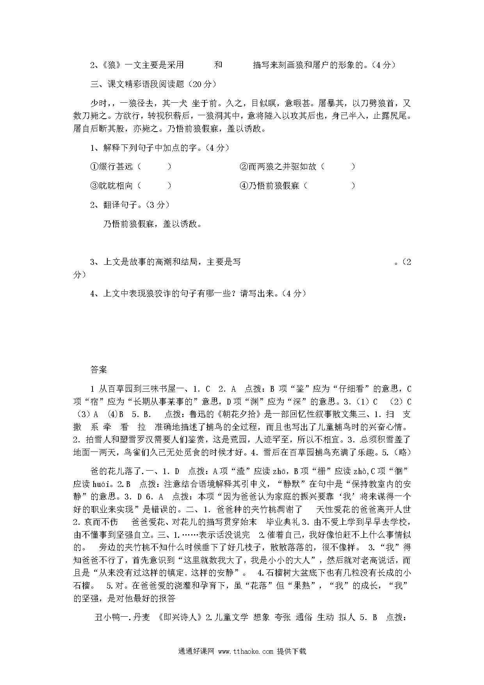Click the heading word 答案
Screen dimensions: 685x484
[98, 369]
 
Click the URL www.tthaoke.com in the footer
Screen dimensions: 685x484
[246, 651]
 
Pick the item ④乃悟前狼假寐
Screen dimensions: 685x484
[269, 186]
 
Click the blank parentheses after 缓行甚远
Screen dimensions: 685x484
[155, 167]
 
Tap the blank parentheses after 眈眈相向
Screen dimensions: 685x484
[155, 186]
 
